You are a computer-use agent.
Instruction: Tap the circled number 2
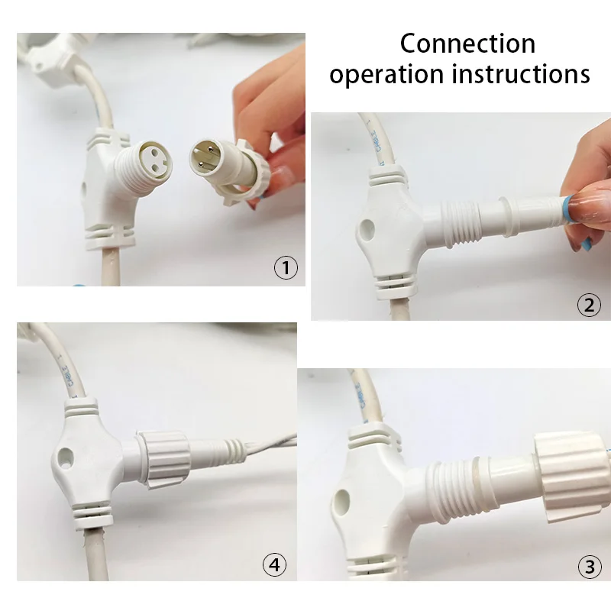click(x=588, y=305)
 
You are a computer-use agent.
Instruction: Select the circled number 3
click(x=588, y=567)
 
